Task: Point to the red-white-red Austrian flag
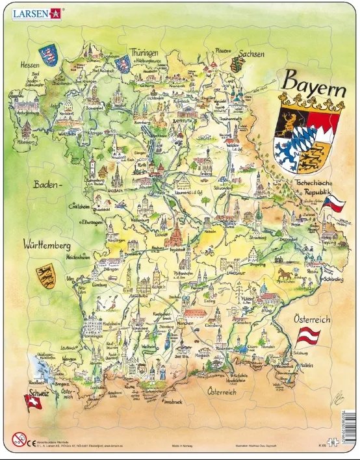pos(309,337)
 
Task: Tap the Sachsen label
pos(251,54)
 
